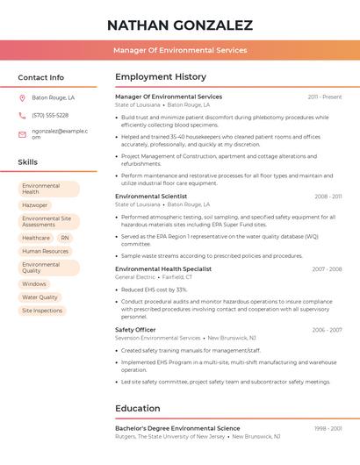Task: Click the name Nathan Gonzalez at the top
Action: click(180, 25)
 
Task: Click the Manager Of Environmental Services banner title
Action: click(180, 50)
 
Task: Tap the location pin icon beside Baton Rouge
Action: click(22, 97)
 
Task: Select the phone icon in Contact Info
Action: click(22, 115)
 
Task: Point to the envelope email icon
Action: click(22, 134)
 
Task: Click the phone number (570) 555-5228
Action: click(50, 115)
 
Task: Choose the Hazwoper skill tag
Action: click(35, 204)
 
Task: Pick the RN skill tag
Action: click(65, 238)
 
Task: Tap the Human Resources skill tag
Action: click(45, 251)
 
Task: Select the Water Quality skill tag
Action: click(40, 297)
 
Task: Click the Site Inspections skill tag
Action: click(42, 311)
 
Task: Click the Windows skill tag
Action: click(34, 284)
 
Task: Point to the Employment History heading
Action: click(161, 77)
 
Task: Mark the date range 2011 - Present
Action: click(325, 97)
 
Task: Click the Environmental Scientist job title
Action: click(151, 197)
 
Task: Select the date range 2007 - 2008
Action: click(327, 268)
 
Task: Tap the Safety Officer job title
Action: click(135, 330)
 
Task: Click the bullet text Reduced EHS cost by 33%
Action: click(155, 290)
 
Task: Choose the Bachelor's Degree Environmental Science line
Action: click(177, 428)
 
